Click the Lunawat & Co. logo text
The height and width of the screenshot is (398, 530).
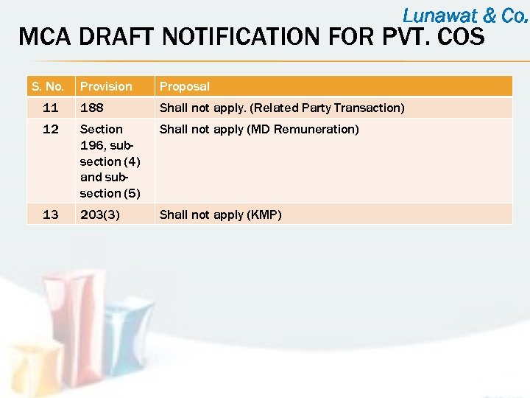464,15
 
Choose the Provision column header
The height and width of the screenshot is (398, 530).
106,86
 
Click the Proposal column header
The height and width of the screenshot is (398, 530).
185,86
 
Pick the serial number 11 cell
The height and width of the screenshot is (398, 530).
51,108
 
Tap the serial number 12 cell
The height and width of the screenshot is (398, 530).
51,129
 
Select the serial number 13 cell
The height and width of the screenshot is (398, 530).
51,214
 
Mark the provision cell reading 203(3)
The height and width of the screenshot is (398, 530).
102,214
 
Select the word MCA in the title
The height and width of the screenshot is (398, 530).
44,36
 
